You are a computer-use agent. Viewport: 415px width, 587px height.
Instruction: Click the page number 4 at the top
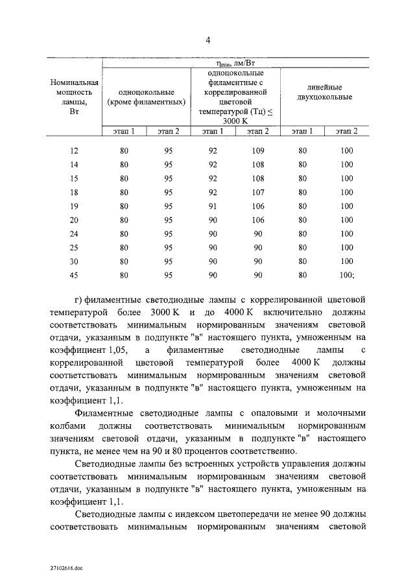click(208, 40)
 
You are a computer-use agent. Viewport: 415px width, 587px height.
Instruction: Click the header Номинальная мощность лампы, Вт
click(75, 97)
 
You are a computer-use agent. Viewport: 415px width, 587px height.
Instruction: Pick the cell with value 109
click(257, 151)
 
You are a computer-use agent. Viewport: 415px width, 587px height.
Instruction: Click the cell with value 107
click(257, 192)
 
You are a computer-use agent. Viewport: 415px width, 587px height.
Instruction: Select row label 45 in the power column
click(75, 274)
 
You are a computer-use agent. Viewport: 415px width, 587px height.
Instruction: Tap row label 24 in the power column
click(75, 234)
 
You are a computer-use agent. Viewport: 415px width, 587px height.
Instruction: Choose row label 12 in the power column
click(75, 151)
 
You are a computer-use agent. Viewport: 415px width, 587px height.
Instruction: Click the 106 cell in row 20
click(257, 220)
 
